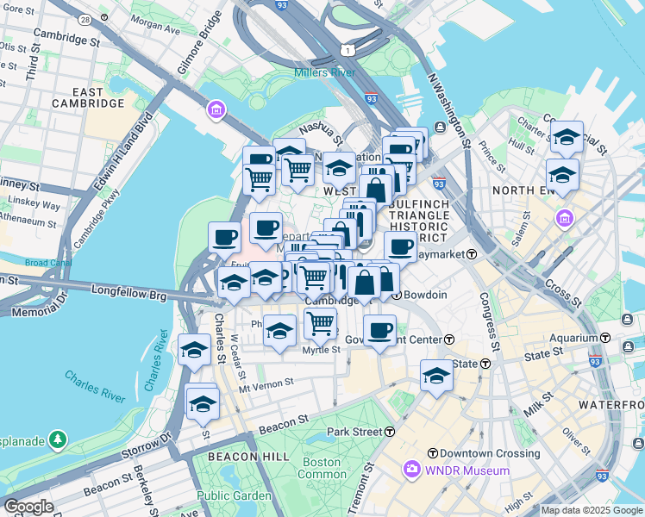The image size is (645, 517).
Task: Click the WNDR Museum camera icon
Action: pyautogui.click(x=411, y=470)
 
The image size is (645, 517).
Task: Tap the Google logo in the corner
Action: pyautogui.click(x=29, y=507)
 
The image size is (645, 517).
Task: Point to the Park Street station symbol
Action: pyautogui.click(x=390, y=431)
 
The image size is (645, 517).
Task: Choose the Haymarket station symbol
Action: pyautogui.click(x=472, y=255)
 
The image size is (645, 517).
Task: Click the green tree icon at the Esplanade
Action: pyautogui.click(x=58, y=439)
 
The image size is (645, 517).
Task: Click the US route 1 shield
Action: pyautogui.click(x=345, y=52)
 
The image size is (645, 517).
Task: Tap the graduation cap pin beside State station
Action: pyautogui.click(x=436, y=376)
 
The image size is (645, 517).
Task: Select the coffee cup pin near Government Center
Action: pyautogui.click(x=379, y=331)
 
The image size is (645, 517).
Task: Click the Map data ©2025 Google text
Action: pyautogui.click(x=592, y=510)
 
